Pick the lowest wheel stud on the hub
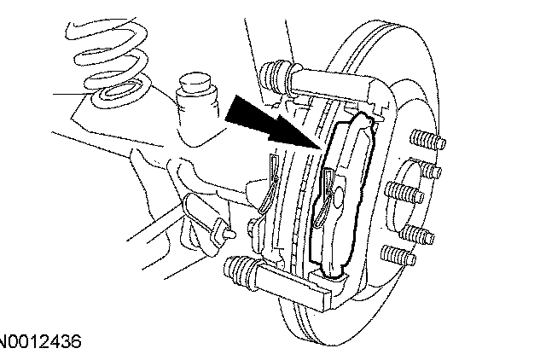pyautogui.click(x=395, y=253)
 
